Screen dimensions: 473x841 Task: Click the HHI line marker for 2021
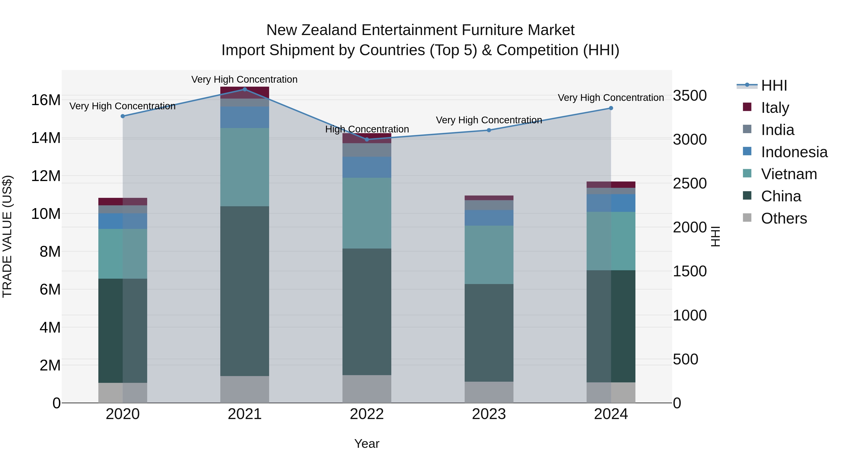(x=245, y=89)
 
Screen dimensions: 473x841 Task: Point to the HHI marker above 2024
(x=611, y=108)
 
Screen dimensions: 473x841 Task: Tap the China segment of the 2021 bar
(x=245, y=291)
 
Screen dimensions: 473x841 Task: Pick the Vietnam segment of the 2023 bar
(x=489, y=255)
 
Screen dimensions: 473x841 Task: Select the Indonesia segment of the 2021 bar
(x=245, y=117)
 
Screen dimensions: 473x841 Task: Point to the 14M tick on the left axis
(x=46, y=138)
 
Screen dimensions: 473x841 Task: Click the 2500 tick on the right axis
(x=690, y=183)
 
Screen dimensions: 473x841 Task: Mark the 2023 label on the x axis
(x=489, y=414)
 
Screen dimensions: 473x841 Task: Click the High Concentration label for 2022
(x=367, y=129)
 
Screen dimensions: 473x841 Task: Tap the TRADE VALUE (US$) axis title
(x=7, y=236)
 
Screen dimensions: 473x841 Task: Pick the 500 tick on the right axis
(x=686, y=359)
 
